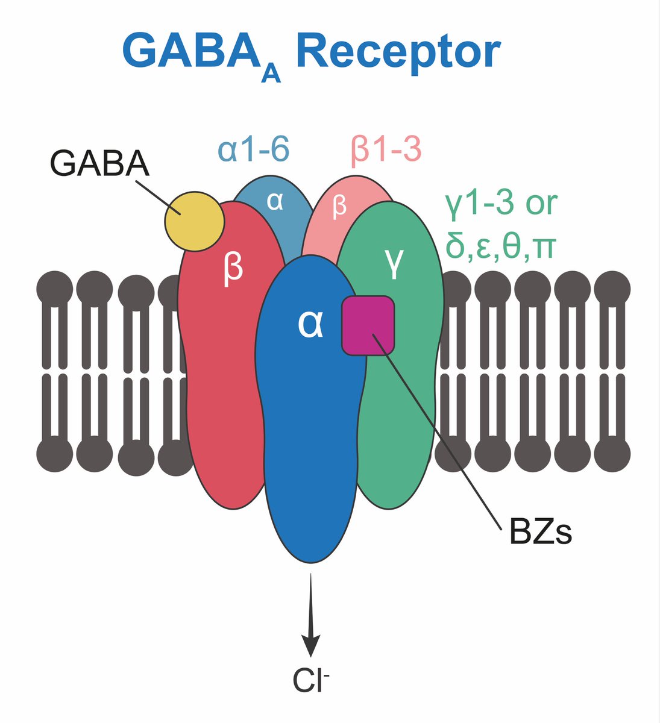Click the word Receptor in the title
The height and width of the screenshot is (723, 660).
click(x=398, y=53)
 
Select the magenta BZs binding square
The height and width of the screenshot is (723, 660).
click(x=368, y=325)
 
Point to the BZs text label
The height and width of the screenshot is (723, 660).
click(x=539, y=533)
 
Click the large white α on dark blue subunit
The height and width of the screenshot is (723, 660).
click(x=310, y=326)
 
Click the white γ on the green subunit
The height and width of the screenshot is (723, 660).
click(x=393, y=266)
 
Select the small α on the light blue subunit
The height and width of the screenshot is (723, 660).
click(x=275, y=202)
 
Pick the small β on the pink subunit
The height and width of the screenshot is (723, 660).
click(x=340, y=206)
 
